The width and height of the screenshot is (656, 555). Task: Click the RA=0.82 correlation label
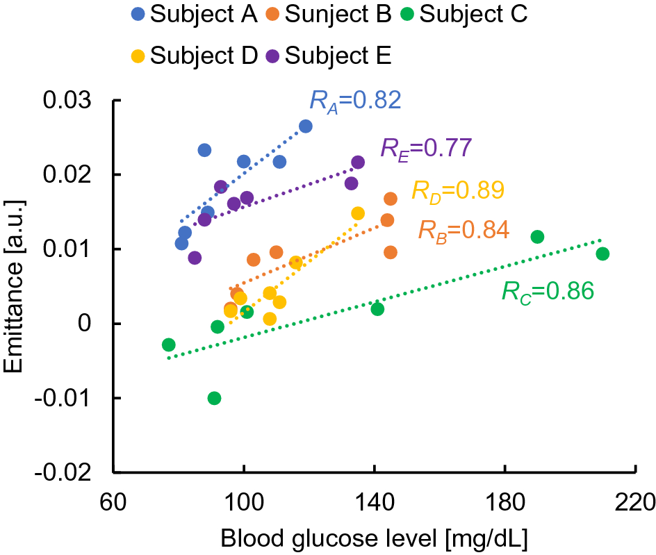tap(355, 101)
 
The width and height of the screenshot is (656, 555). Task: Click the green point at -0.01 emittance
tap(214, 398)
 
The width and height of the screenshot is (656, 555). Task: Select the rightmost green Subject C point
tap(602, 254)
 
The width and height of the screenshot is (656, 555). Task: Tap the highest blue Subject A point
tap(305, 126)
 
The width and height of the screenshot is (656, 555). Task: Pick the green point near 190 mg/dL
tap(537, 237)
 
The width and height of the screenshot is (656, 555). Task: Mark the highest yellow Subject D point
tap(358, 213)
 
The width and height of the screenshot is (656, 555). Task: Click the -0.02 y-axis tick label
tap(67, 472)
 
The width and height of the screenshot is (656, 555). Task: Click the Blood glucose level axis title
tap(374, 538)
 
